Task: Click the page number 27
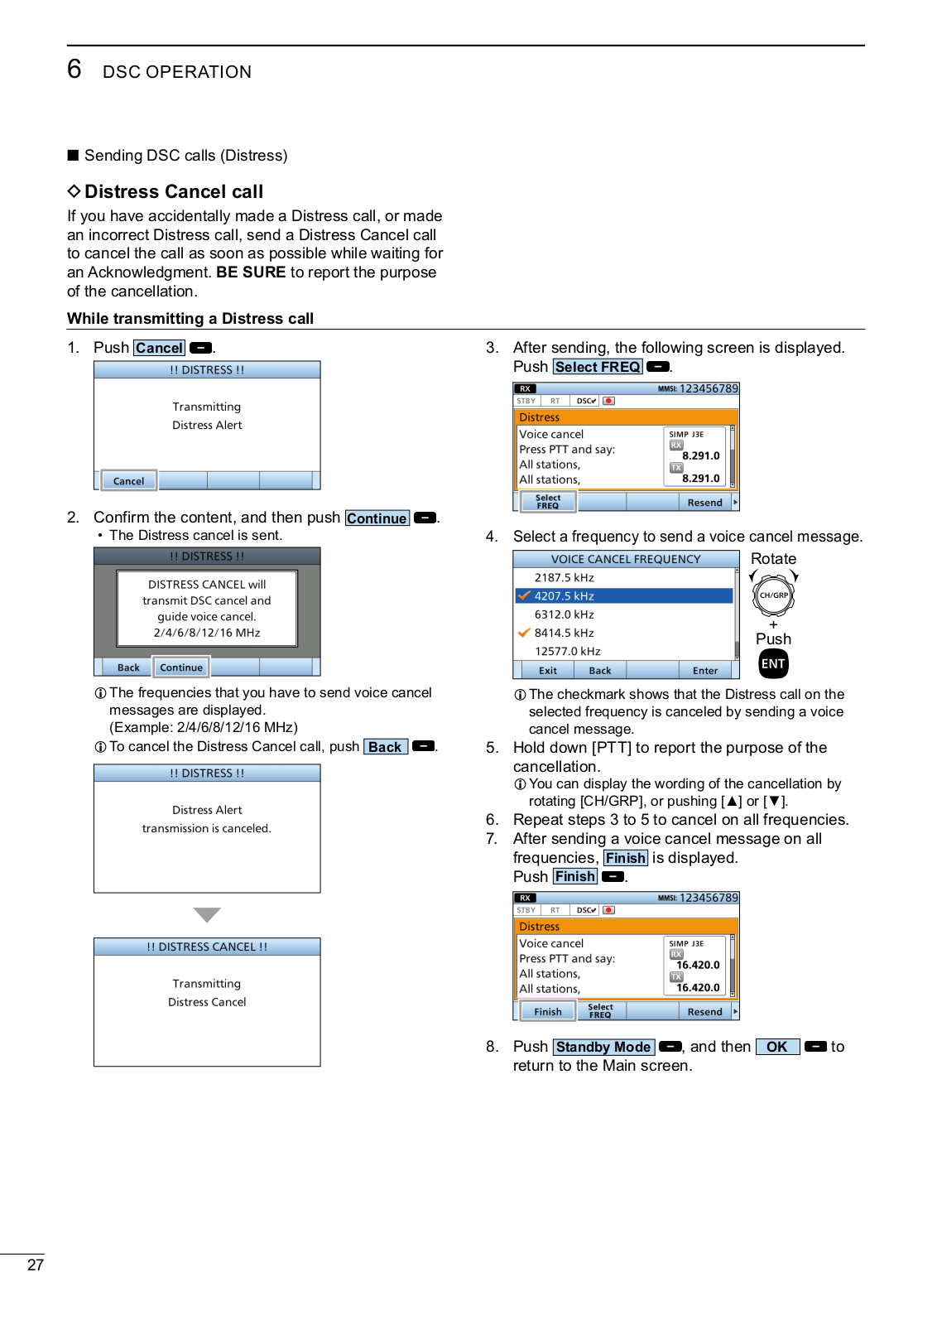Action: (36, 1265)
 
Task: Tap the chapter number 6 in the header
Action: (74, 69)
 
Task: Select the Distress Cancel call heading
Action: (173, 191)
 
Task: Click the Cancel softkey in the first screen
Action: (128, 481)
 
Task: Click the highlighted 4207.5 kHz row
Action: (623, 595)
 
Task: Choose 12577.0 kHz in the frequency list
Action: (567, 651)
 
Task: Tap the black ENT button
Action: (773, 663)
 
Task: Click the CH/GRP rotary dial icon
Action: (773, 595)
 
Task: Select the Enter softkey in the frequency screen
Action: (704, 671)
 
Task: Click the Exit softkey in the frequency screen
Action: (548, 671)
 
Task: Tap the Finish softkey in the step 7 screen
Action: (547, 1012)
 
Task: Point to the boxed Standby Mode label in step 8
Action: (603, 1047)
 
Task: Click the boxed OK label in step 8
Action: (777, 1047)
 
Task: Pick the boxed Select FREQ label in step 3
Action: (598, 367)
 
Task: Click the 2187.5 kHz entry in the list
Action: (564, 577)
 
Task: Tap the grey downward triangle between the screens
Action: (207, 914)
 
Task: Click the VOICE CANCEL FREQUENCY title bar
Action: (626, 559)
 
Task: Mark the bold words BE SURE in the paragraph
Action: (251, 272)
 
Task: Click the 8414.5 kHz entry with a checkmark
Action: (564, 633)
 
